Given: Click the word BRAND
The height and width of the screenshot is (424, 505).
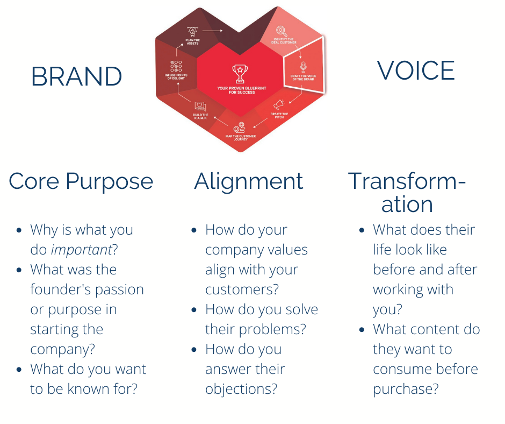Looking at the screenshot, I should (x=76, y=77).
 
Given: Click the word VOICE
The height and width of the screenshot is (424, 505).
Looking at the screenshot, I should (x=415, y=71).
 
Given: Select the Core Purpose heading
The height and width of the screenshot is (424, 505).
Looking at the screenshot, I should (x=81, y=181).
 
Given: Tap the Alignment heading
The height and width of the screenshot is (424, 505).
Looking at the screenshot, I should (x=248, y=181).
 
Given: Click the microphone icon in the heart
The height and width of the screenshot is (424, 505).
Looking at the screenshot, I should (x=303, y=67).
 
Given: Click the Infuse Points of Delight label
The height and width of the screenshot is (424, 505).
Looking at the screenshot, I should (x=175, y=76).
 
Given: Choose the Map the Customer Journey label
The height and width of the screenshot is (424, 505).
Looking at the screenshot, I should (x=240, y=138).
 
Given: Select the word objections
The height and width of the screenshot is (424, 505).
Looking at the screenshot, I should (x=241, y=389).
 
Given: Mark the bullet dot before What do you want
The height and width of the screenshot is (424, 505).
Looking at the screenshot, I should (x=20, y=370).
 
